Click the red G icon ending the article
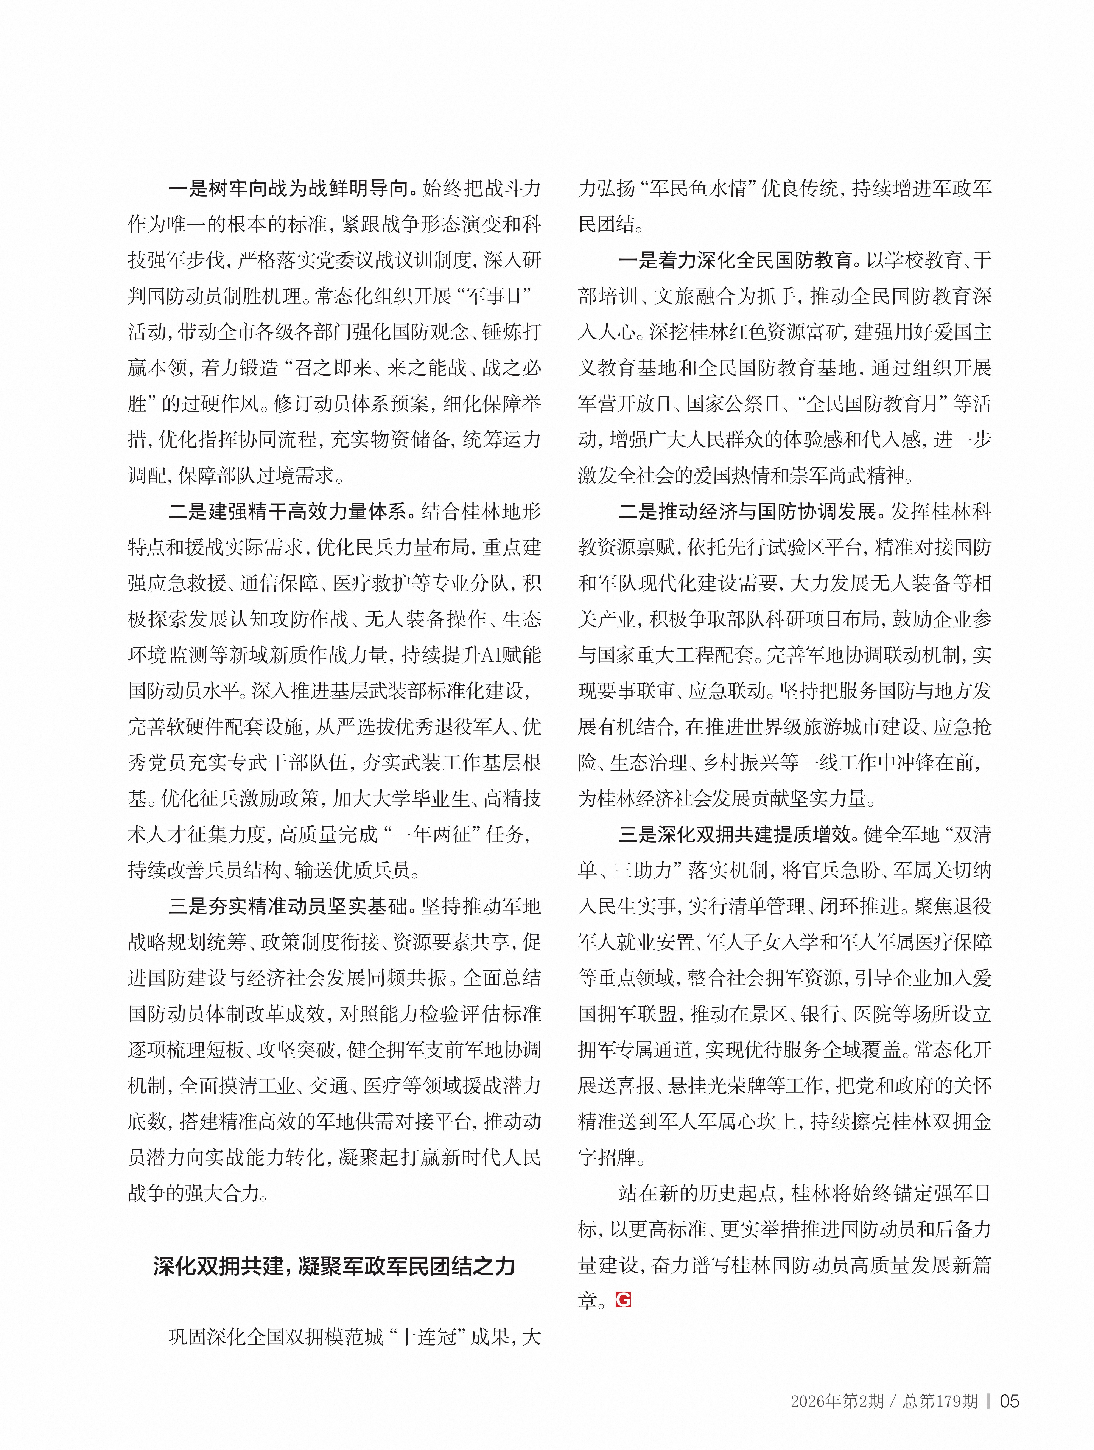click(623, 1300)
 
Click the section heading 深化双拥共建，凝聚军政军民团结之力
click(334, 1266)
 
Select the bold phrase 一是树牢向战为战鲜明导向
click(288, 189)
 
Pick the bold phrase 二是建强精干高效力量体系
click(288, 511)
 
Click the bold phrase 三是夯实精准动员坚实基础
click(288, 906)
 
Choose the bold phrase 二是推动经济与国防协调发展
click(747, 511)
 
